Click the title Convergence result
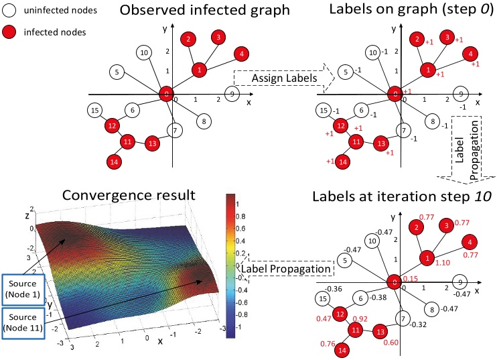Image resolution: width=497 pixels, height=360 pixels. (x=129, y=195)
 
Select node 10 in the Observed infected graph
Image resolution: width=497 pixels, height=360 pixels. (x=143, y=52)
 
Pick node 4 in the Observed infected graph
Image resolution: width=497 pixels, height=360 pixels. (x=238, y=54)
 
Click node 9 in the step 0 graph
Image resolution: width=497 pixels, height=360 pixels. (x=459, y=94)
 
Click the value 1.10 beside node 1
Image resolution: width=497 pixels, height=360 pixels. (x=442, y=264)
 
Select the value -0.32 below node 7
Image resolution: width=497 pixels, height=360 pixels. (x=419, y=324)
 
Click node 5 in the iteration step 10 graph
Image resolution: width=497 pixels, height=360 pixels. (x=342, y=259)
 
